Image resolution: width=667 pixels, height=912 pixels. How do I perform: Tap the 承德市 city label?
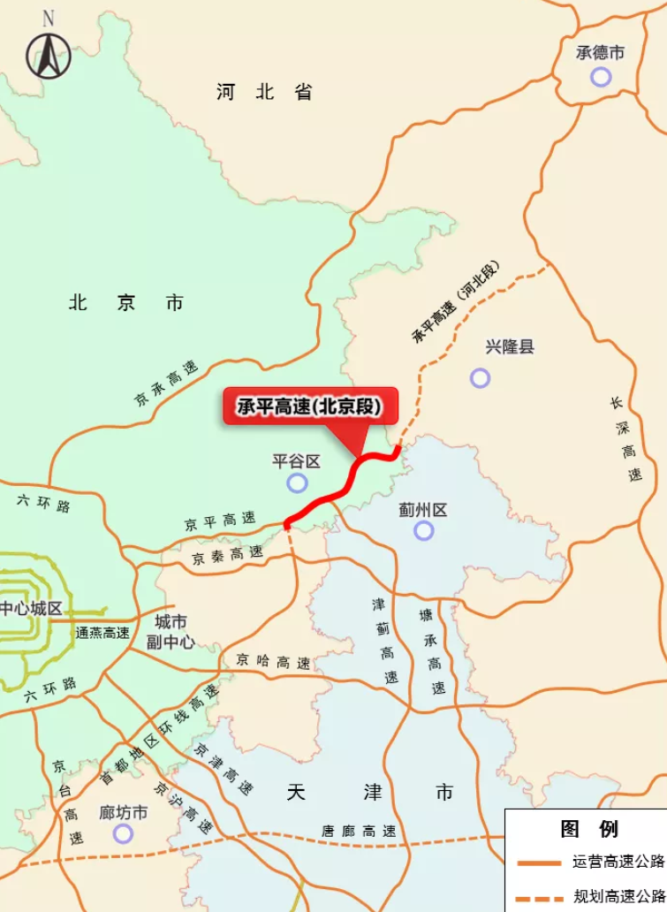coord(601,53)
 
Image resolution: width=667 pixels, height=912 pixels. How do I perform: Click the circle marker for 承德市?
coord(601,77)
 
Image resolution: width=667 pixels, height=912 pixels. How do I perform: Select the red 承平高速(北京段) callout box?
coord(310,407)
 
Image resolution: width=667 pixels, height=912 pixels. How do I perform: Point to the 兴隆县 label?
coord(510,347)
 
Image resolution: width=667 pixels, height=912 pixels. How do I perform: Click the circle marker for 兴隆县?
coord(480,378)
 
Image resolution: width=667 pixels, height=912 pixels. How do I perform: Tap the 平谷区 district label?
coord(296,461)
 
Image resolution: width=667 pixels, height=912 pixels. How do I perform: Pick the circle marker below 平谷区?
coord(298,483)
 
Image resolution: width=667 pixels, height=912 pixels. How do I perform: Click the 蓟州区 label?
coord(423,510)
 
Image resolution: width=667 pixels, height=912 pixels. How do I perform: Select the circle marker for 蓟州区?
coord(424,530)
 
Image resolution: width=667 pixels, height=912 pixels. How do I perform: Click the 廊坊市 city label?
coord(123,812)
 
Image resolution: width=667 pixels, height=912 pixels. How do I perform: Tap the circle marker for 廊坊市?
coord(123,833)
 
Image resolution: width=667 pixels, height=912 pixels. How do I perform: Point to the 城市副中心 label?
coord(171,632)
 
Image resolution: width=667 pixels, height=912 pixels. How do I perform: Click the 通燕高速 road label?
coord(102,633)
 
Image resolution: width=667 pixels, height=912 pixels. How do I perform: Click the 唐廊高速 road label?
coord(358,832)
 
